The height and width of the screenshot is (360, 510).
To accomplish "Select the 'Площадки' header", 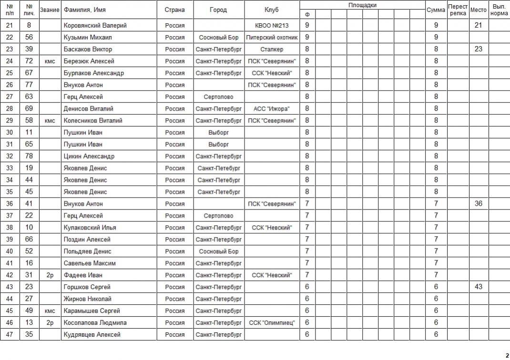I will tap(362, 5).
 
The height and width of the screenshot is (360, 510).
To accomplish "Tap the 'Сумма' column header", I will tap(436, 10).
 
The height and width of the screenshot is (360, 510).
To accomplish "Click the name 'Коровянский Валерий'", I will tap(95, 25).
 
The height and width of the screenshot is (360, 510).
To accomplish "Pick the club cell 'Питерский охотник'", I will tap(272, 37).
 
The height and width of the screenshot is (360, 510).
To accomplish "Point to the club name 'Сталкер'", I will tap(272, 49).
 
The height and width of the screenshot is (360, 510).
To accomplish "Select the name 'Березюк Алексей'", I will tap(89, 61).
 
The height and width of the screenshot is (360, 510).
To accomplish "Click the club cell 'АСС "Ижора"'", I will tap(272, 109).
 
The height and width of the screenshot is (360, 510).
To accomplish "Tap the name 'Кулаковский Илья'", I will tap(90, 228).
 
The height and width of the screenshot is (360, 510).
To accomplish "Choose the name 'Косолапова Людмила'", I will tap(95, 323).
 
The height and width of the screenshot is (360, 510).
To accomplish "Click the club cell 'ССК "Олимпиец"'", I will tap(272, 323).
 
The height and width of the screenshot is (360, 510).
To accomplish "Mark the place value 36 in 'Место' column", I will tap(479, 204).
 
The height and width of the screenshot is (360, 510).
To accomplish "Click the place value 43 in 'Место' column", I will tap(479, 287).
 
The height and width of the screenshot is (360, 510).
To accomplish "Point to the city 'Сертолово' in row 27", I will tap(218, 97).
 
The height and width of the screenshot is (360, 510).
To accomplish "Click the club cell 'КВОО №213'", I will tap(272, 25).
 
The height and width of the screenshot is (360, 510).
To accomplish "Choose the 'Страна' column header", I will tap(175, 10).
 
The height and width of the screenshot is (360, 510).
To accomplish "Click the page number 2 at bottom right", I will tap(507, 355).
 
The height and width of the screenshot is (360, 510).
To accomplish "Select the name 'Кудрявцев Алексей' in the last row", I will tap(92, 335).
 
